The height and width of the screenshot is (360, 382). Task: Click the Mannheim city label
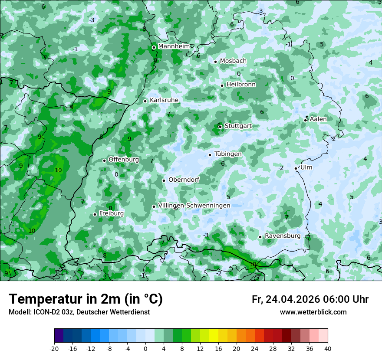point(174,46)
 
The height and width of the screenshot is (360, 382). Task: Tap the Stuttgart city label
point(238,126)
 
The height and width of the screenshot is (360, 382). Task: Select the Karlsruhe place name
point(164,100)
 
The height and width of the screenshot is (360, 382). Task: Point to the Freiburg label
point(111,213)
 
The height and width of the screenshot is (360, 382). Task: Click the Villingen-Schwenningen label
point(194,205)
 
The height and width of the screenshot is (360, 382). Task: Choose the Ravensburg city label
point(282,236)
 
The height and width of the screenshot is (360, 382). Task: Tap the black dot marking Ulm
point(296,168)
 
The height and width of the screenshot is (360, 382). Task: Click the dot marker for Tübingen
point(210,155)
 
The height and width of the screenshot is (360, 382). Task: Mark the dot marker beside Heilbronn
point(222,85)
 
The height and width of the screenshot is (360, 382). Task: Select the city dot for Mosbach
point(215,62)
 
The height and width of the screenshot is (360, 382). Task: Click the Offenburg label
point(123,160)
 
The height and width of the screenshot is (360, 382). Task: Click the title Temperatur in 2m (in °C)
point(86,299)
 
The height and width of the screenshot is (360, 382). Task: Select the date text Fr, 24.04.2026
point(286,299)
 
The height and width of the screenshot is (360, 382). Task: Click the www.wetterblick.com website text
point(313,312)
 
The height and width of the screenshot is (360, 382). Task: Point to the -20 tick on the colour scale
point(54,349)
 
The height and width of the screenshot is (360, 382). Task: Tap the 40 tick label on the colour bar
point(327,349)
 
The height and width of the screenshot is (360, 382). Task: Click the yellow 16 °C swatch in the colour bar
point(223,336)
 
